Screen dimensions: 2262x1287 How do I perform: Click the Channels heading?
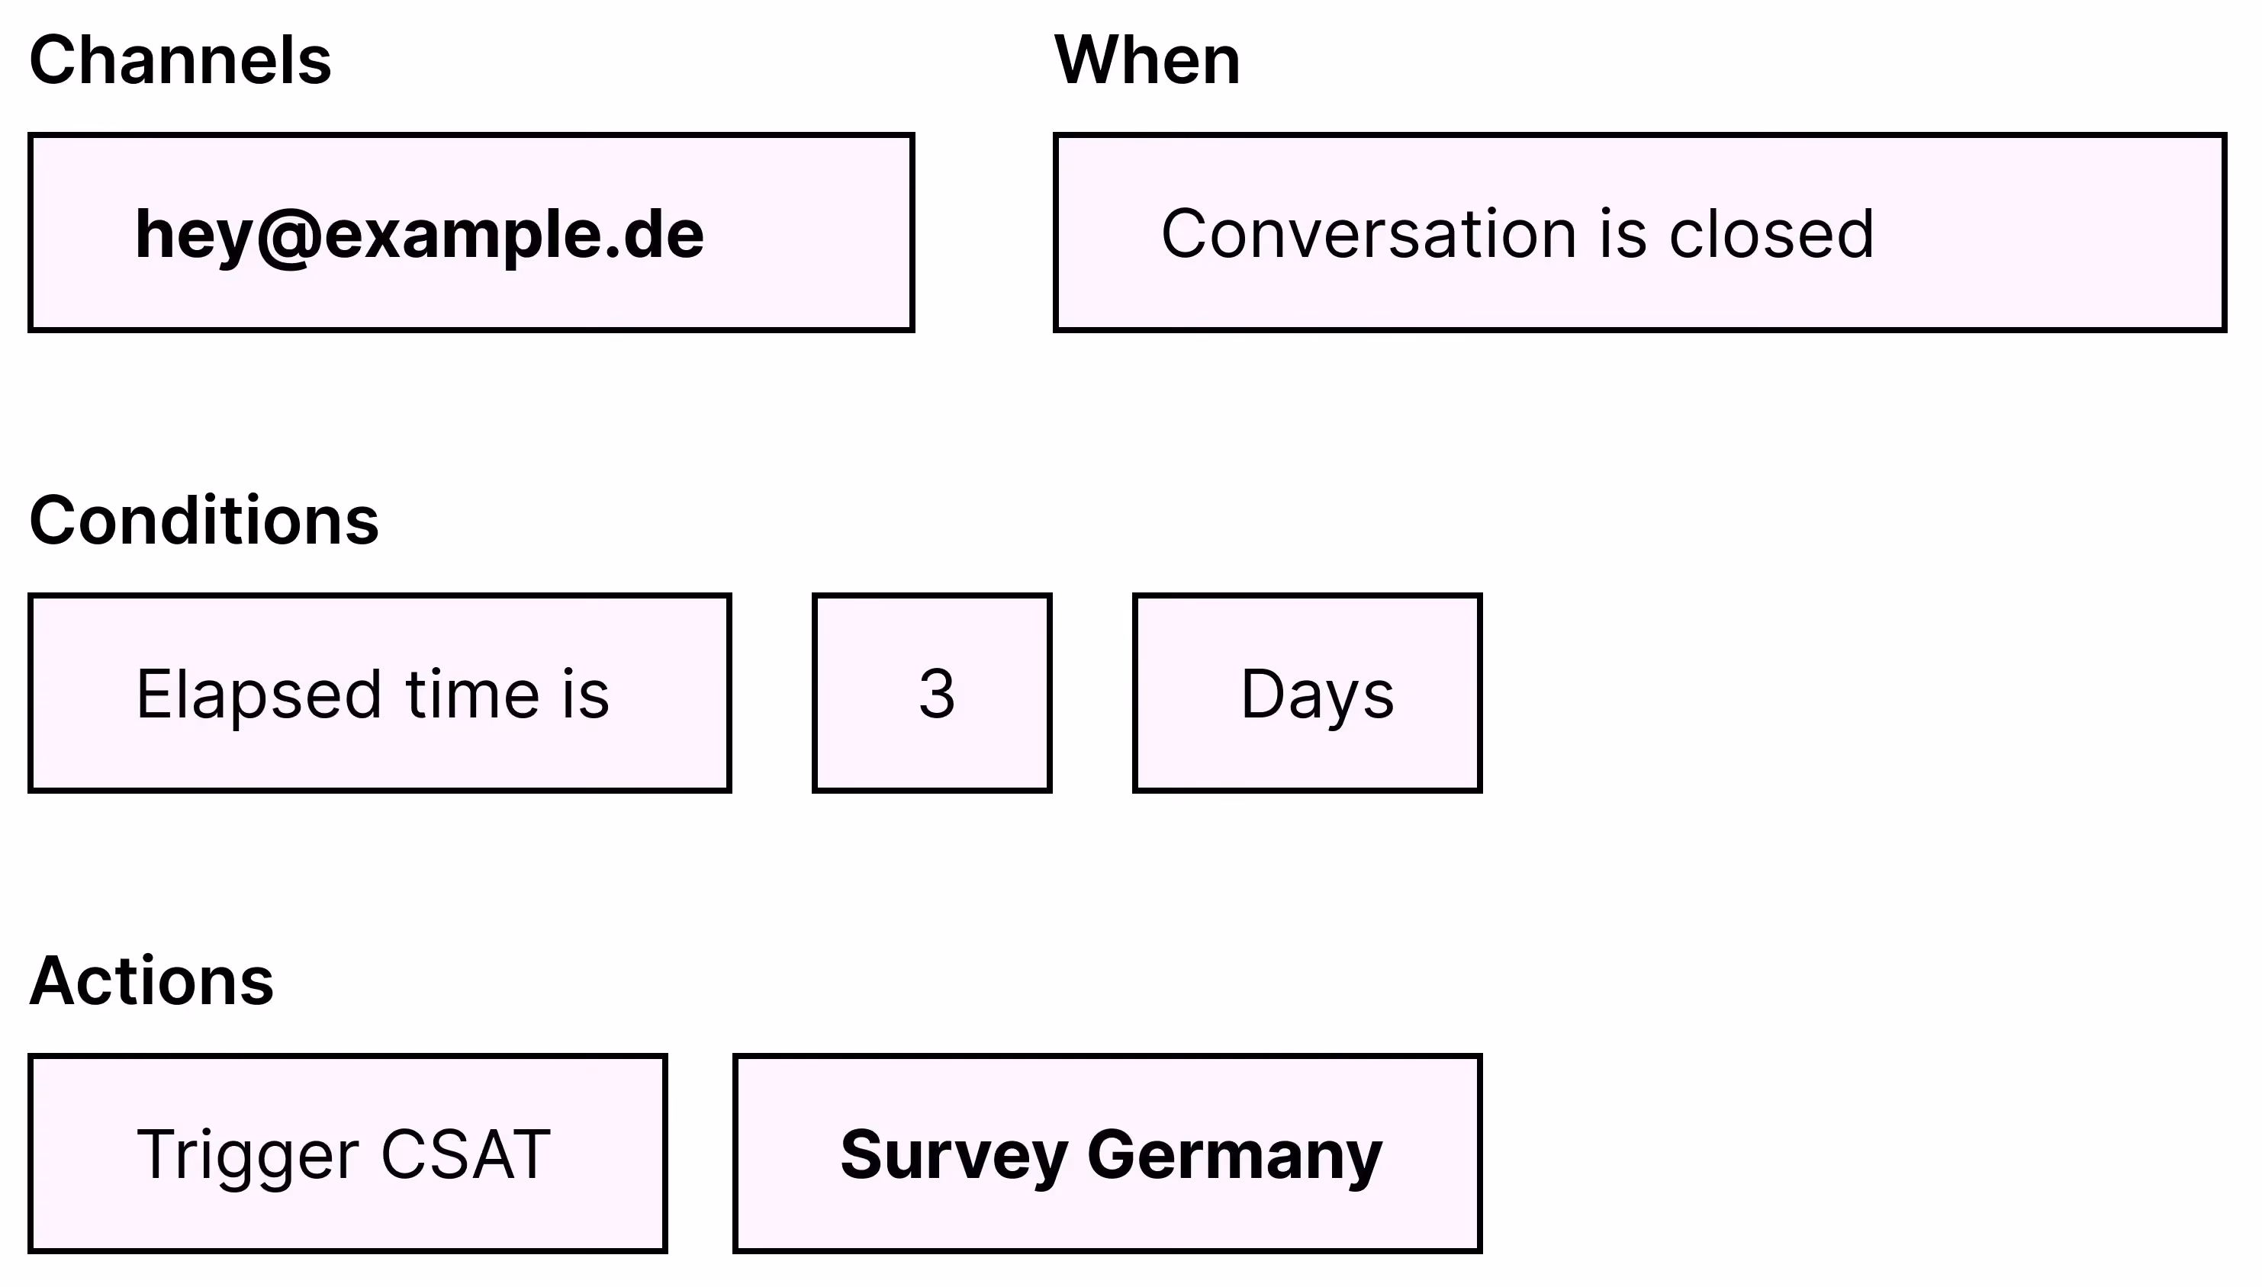point(180,60)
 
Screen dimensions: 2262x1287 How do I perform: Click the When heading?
point(1147,60)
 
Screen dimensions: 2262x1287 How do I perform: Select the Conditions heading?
point(204,521)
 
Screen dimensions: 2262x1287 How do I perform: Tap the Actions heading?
point(152,981)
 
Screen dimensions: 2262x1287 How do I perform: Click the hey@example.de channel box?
point(471,233)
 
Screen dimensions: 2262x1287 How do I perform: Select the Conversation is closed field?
point(1639,233)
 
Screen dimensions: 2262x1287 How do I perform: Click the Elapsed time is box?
point(379,693)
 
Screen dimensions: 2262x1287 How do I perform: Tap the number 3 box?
point(932,693)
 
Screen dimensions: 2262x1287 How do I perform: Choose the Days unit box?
point(1307,693)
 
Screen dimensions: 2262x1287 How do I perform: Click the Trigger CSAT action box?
point(348,1154)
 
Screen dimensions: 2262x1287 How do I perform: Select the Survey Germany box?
point(1107,1154)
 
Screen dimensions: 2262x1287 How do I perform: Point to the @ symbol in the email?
point(288,237)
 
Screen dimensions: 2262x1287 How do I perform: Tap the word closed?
point(1771,234)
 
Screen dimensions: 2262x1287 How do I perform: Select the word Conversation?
point(1369,234)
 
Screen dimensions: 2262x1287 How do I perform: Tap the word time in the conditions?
point(472,694)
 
